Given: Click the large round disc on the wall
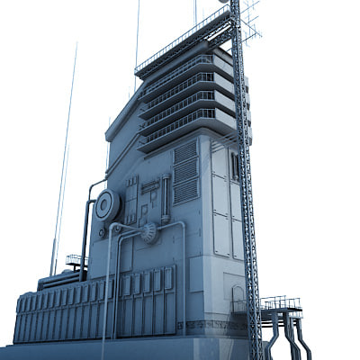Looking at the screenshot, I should [x=106, y=205].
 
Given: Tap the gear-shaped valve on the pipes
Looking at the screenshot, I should [x=148, y=233].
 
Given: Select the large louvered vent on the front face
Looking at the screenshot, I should [x=185, y=172].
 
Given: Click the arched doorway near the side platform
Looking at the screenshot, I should [x=238, y=298].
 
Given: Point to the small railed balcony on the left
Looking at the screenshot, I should [x=76, y=262].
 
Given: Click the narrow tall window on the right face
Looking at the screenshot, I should [x=234, y=166].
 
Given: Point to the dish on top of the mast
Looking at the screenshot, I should [x=223, y=3].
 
